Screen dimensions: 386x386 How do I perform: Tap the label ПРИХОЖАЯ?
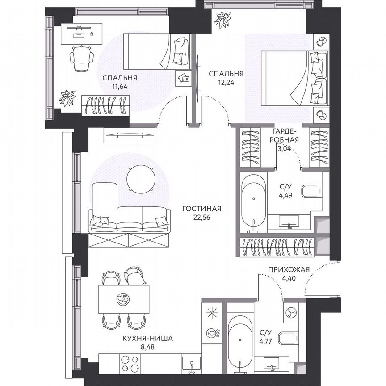[289, 269]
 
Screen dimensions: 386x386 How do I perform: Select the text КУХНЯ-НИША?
[147, 338]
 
